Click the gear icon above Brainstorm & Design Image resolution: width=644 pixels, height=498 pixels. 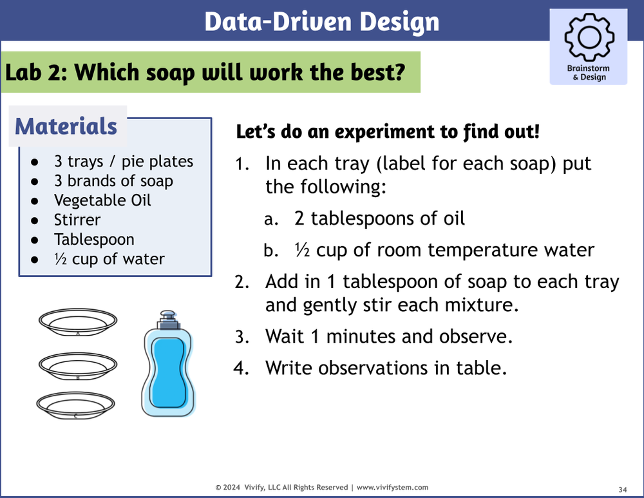(x=588, y=37)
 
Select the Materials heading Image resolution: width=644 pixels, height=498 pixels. (x=66, y=126)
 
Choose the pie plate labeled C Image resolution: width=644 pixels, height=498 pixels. (x=77, y=405)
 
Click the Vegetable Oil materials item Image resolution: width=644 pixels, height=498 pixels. (x=102, y=200)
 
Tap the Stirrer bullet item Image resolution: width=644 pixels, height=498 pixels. (x=77, y=220)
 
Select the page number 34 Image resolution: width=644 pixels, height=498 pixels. (x=622, y=488)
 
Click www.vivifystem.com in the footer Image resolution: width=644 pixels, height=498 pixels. (x=392, y=488)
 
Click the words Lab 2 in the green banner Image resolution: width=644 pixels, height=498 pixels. (x=35, y=72)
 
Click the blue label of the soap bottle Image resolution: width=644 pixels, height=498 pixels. (x=167, y=370)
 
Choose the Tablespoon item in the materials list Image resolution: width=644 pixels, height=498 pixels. (x=94, y=240)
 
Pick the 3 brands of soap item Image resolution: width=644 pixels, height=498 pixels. (x=113, y=181)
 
